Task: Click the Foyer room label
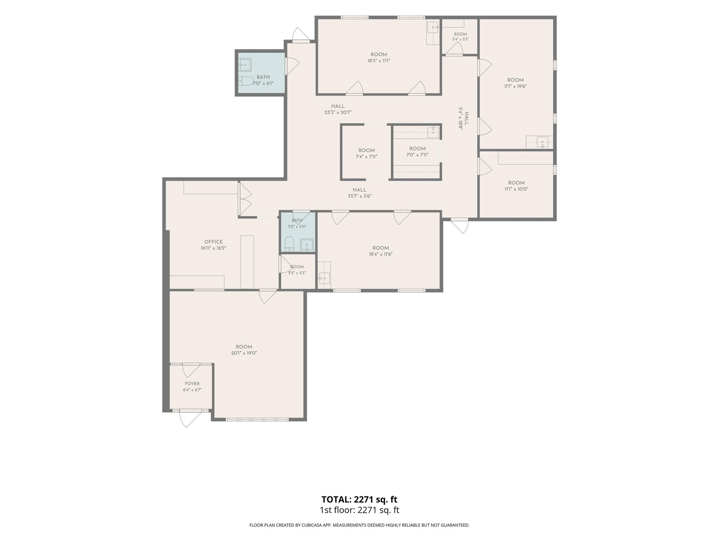pyautogui.click(x=192, y=384)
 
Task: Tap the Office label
pyautogui.click(x=213, y=242)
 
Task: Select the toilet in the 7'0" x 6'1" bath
pyautogui.click(x=246, y=81)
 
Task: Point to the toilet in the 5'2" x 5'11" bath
pyautogui.click(x=289, y=244)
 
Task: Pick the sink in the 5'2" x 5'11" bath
pyautogui.click(x=307, y=245)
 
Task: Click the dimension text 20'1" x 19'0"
pyautogui.click(x=244, y=353)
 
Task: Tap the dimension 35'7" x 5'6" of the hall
pyautogui.click(x=359, y=196)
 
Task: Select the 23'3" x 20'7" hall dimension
pyautogui.click(x=338, y=112)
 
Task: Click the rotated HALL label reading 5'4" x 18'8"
pyautogui.click(x=464, y=119)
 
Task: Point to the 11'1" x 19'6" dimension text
pyautogui.click(x=515, y=86)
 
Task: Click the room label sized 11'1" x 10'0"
pyautogui.click(x=516, y=183)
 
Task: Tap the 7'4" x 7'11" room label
pyautogui.click(x=367, y=150)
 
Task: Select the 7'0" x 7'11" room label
pyautogui.click(x=417, y=149)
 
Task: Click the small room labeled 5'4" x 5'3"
pyautogui.click(x=460, y=34)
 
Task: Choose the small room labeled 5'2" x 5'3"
pyautogui.click(x=297, y=267)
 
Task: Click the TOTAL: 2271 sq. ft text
pyautogui.click(x=359, y=499)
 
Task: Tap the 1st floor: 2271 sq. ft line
pyautogui.click(x=359, y=510)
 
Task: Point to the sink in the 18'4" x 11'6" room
pyautogui.click(x=324, y=278)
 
